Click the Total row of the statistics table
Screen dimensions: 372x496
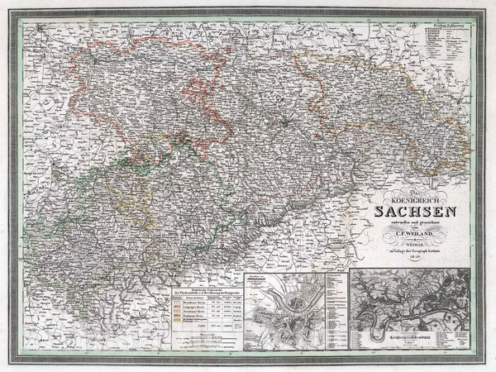point(186,341)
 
